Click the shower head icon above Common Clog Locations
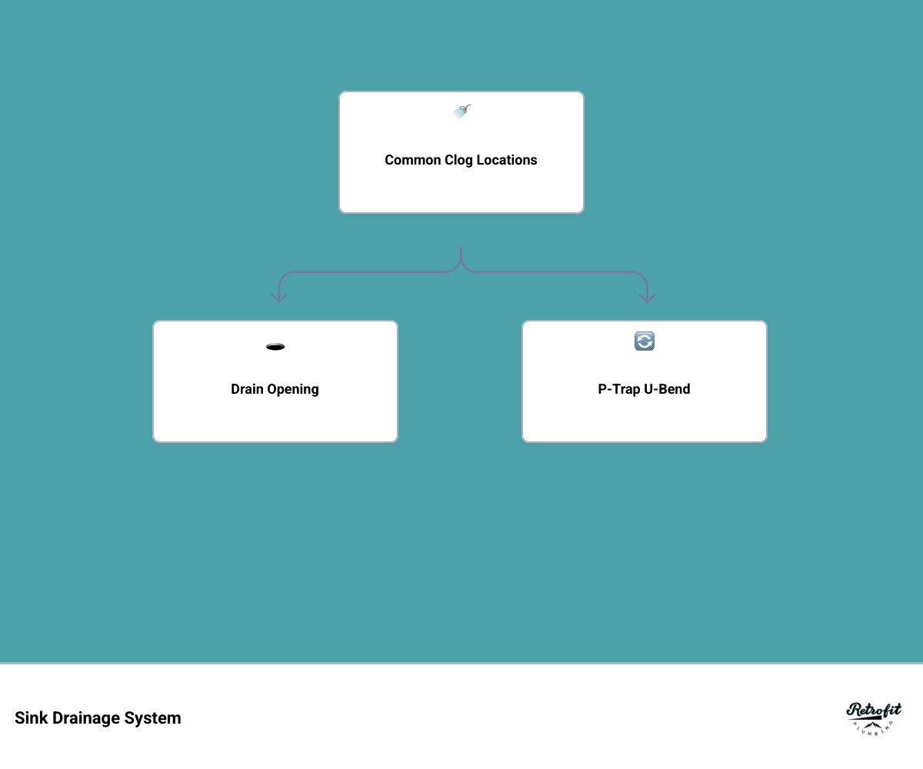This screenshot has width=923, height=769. pyautogui.click(x=461, y=112)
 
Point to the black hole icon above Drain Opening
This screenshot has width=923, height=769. pyautogui.click(x=275, y=347)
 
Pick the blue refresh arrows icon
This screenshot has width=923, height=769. pyautogui.click(x=645, y=341)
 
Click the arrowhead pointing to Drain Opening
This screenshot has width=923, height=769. pyautogui.click(x=279, y=298)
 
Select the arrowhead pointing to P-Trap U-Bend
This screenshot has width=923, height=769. pyautogui.click(x=648, y=298)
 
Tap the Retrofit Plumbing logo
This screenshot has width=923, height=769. pyautogui.click(x=874, y=718)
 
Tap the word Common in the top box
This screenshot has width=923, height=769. pyautogui.click(x=412, y=160)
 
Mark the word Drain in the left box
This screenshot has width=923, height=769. pyautogui.click(x=247, y=389)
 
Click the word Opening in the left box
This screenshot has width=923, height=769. pyautogui.click(x=293, y=389)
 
